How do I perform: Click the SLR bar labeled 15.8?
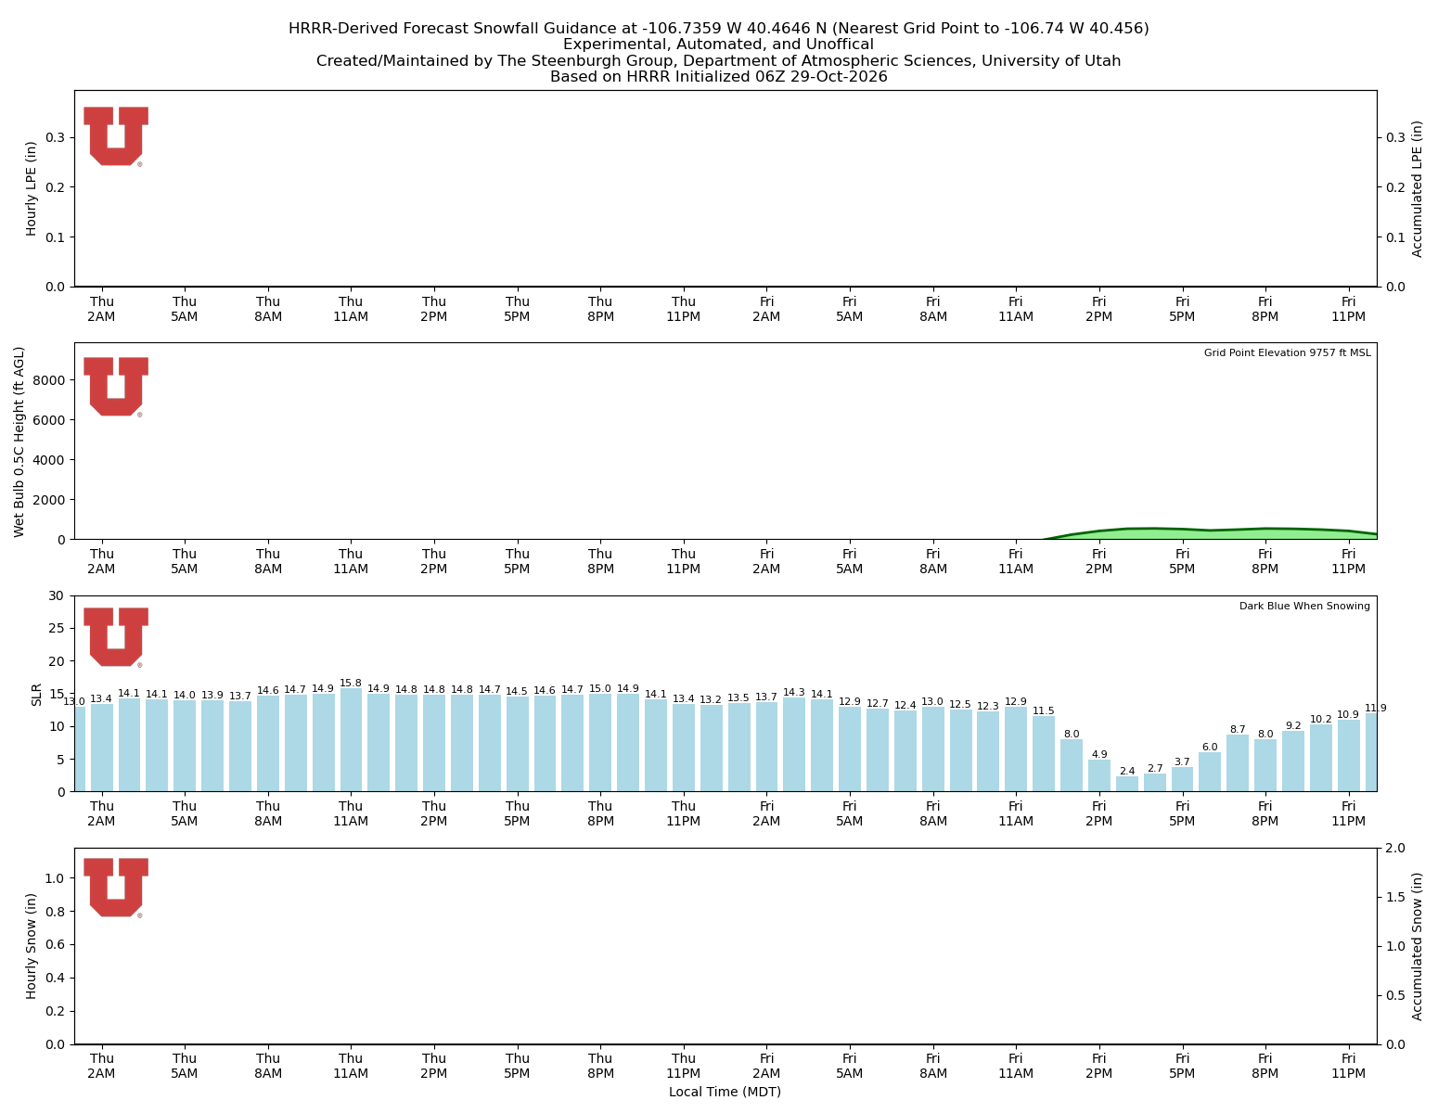point(351,739)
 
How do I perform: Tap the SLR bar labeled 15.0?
point(599,742)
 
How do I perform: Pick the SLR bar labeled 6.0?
point(1209,771)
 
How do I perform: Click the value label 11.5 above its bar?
point(1043,710)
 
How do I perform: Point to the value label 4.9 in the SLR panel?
point(1098,754)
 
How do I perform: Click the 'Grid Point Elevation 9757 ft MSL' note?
point(1287,352)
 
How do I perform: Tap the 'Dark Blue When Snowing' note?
point(1304,606)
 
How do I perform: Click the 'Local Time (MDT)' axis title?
point(725,1092)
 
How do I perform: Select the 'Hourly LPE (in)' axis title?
point(32,188)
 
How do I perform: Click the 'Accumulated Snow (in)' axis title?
point(1417,946)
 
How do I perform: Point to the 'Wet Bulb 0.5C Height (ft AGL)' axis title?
point(19,441)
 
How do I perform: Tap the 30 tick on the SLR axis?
point(57,595)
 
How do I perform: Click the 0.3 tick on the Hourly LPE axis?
point(56,137)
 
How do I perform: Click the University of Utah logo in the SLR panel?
point(116,637)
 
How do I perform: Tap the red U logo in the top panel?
point(116,136)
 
